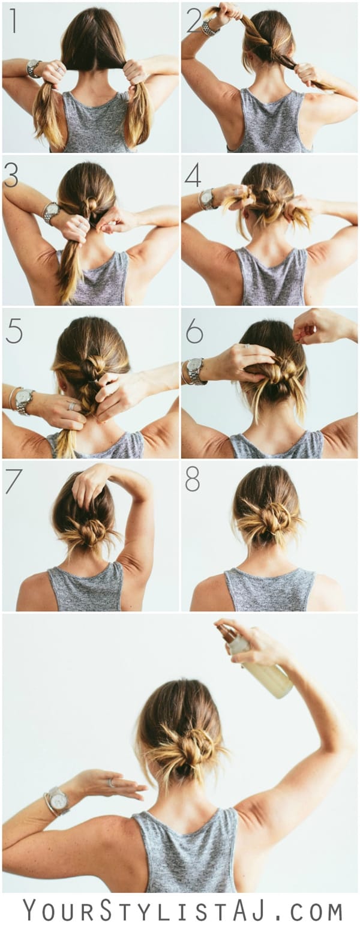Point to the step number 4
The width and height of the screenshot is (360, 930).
click(x=193, y=175)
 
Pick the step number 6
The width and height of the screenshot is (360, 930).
click(x=194, y=331)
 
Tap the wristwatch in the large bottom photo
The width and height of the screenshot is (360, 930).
click(x=58, y=799)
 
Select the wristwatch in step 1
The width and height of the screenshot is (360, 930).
click(x=34, y=68)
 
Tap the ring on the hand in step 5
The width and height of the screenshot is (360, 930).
click(x=71, y=406)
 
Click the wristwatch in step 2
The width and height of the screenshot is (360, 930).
click(x=209, y=27)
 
